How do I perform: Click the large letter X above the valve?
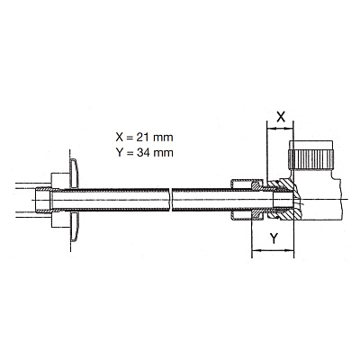tap(281, 117)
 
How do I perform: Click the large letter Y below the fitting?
tap(274, 238)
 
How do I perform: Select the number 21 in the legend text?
tap(143, 138)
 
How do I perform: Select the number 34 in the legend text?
tap(143, 153)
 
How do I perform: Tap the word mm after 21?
tap(163, 138)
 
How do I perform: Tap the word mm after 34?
tap(163, 153)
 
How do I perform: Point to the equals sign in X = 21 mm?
tap(130, 138)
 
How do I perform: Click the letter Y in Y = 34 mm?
tap(120, 153)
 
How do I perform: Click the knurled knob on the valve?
tap(310, 159)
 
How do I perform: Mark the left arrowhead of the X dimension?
tap(270, 129)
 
